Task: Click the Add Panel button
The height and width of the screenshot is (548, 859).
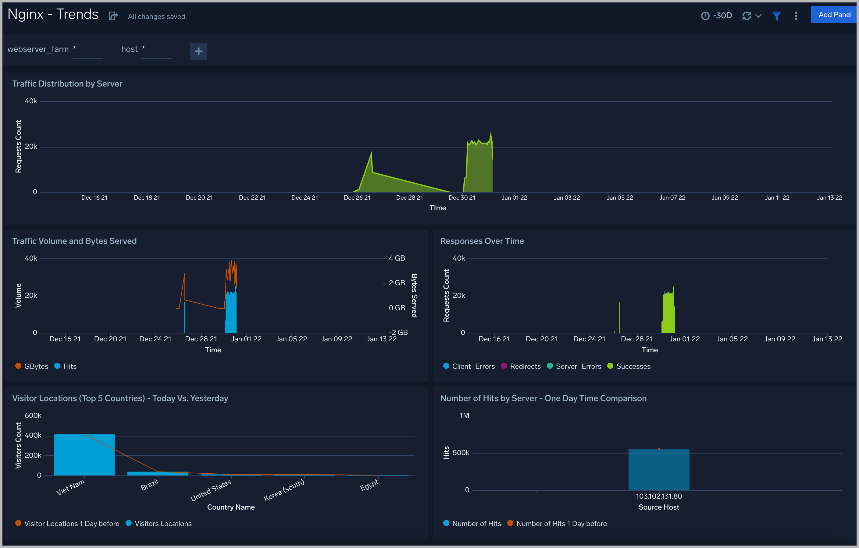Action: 834,15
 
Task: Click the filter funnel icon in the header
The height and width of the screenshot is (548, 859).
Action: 776,16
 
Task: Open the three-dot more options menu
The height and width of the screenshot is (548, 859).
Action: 796,16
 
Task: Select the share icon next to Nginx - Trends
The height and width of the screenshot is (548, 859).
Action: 113,16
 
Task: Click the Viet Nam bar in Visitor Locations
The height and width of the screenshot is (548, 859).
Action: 84,454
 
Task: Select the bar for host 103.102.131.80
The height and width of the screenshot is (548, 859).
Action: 658,469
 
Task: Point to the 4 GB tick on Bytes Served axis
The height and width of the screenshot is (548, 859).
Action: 397,258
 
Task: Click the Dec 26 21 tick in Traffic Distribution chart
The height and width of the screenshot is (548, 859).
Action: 357,197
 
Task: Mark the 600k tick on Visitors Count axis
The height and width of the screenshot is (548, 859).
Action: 33,415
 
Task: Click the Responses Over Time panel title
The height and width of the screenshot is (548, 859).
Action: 482,241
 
